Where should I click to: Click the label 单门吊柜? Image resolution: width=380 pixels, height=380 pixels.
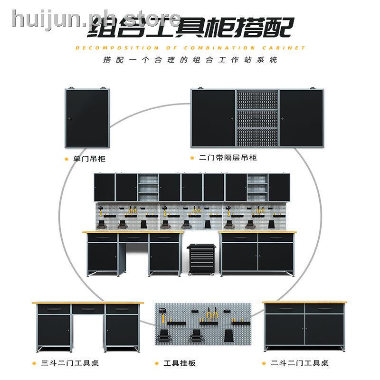89,159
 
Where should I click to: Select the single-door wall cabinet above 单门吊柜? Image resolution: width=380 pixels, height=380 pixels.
88,118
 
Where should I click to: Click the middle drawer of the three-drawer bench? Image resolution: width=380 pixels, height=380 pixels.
88,309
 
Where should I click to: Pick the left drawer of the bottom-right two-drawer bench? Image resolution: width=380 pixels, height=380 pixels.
284,309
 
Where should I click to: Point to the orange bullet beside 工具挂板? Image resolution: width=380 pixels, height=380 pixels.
158,364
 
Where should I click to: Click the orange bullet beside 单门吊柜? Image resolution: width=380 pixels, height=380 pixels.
67,159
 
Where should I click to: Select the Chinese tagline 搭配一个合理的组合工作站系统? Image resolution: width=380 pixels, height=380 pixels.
190,61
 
